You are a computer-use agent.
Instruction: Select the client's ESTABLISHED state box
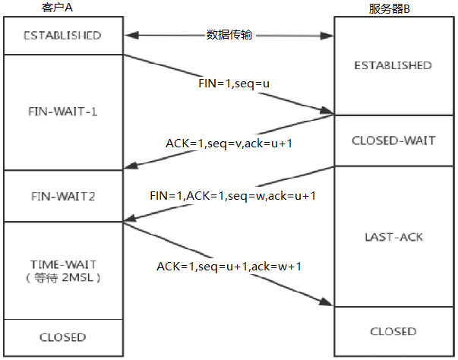tap(62, 36)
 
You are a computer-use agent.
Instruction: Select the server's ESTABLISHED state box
tap(393, 65)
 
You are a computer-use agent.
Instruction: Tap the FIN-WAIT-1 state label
tap(62, 111)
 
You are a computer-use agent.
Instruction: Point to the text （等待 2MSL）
tap(62, 277)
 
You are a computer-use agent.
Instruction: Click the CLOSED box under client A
tap(62, 336)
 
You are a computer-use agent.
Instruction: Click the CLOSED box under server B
tap(393, 331)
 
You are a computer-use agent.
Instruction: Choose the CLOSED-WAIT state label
tap(393, 141)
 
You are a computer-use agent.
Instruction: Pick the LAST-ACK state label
tap(393, 237)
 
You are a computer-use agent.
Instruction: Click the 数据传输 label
tap(229, 36)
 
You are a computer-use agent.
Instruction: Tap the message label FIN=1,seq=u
tap(229, 82)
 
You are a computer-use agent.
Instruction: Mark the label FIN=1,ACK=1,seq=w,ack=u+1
tap(232, 195)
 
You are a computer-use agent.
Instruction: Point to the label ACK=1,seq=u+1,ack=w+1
tap(229, 266)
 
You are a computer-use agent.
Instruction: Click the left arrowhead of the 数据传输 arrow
tap(130, 36)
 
